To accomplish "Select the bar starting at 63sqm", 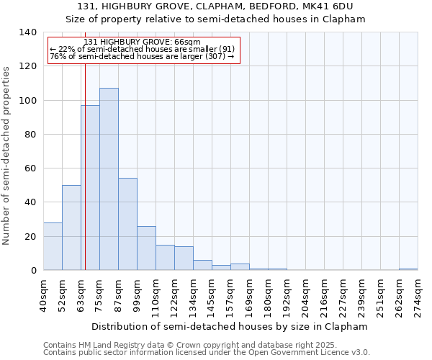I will pyautogui.click(x=90, y=187).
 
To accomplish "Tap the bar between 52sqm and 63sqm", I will pyautogui.click(x=71, y=228).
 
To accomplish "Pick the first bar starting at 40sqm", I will pyautogui.click(x=53, y=246).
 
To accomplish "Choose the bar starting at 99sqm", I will pyautogui.click(x=146, y=248).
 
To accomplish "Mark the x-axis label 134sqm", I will pyautogui.click(x=193, y=296).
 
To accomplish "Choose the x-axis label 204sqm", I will pyautogui.click(x=305, y=296).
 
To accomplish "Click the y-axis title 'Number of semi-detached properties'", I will pyautogui.click(x=7, y=156).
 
